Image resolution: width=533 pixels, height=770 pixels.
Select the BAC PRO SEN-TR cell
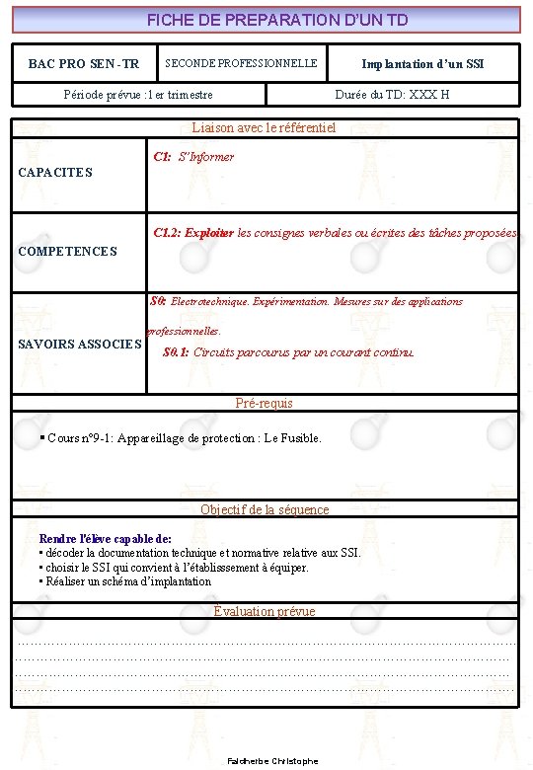[x=84, y=64]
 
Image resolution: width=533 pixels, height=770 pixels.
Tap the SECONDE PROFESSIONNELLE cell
[x=241, y=63]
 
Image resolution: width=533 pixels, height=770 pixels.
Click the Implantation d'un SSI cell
[x=422, y=64]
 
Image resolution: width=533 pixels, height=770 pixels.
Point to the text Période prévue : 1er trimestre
[x=137, y=95]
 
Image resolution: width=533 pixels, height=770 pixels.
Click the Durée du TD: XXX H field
[x=392, y=95]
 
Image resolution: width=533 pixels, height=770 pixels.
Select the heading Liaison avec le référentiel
[x=264, y=127]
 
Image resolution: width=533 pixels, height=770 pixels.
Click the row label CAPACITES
[x=55, y=173]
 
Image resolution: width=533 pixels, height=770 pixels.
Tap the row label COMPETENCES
[x=67, y=252]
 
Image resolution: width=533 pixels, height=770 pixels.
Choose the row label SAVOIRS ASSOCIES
[x=80, y=345]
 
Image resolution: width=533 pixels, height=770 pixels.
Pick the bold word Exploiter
[x=208, y=234]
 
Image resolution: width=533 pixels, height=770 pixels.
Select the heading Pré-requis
[x=264, y=403]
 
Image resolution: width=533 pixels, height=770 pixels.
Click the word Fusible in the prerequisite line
[x=300, y=438]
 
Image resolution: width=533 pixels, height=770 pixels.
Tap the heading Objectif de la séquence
[x=265, y=509]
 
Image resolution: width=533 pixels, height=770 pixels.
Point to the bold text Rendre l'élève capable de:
[x=105, y=539]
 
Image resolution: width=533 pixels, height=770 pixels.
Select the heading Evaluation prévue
[x=265, y=611]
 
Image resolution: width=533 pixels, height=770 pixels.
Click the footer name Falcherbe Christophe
[x=272, y=761]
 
